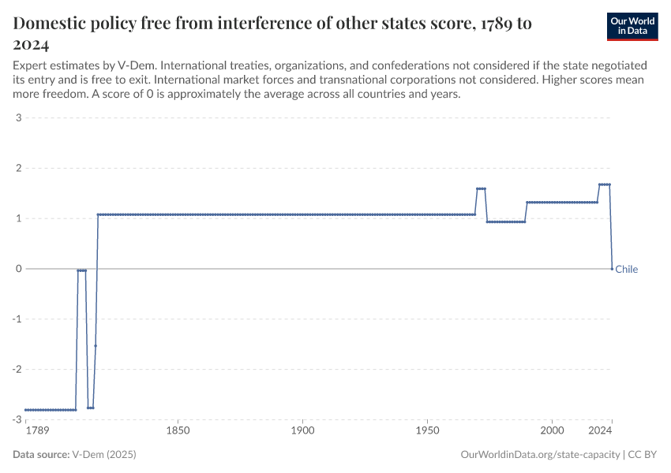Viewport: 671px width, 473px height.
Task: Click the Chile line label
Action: pos(626,270)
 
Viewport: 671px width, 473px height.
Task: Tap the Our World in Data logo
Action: pos(632,26)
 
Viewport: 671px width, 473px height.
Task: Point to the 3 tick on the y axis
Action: pos(17,118)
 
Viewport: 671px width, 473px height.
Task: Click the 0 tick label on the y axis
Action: pos(17,269)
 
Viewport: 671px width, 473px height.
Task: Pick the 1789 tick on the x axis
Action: pos(37,431)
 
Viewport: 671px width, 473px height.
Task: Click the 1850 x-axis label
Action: pos(178,431)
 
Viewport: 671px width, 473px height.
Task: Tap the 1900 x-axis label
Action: pos(302,431)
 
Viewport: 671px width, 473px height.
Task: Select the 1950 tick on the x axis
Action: pos(427,431)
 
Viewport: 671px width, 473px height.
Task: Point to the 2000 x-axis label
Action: pos(552,431)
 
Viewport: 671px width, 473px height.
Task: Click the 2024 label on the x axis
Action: pos(600,431)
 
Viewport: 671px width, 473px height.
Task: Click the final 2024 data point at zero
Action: pos(612,269)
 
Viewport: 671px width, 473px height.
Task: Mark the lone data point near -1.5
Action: pos(96,345)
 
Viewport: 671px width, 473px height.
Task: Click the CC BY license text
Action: pos(643,455)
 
